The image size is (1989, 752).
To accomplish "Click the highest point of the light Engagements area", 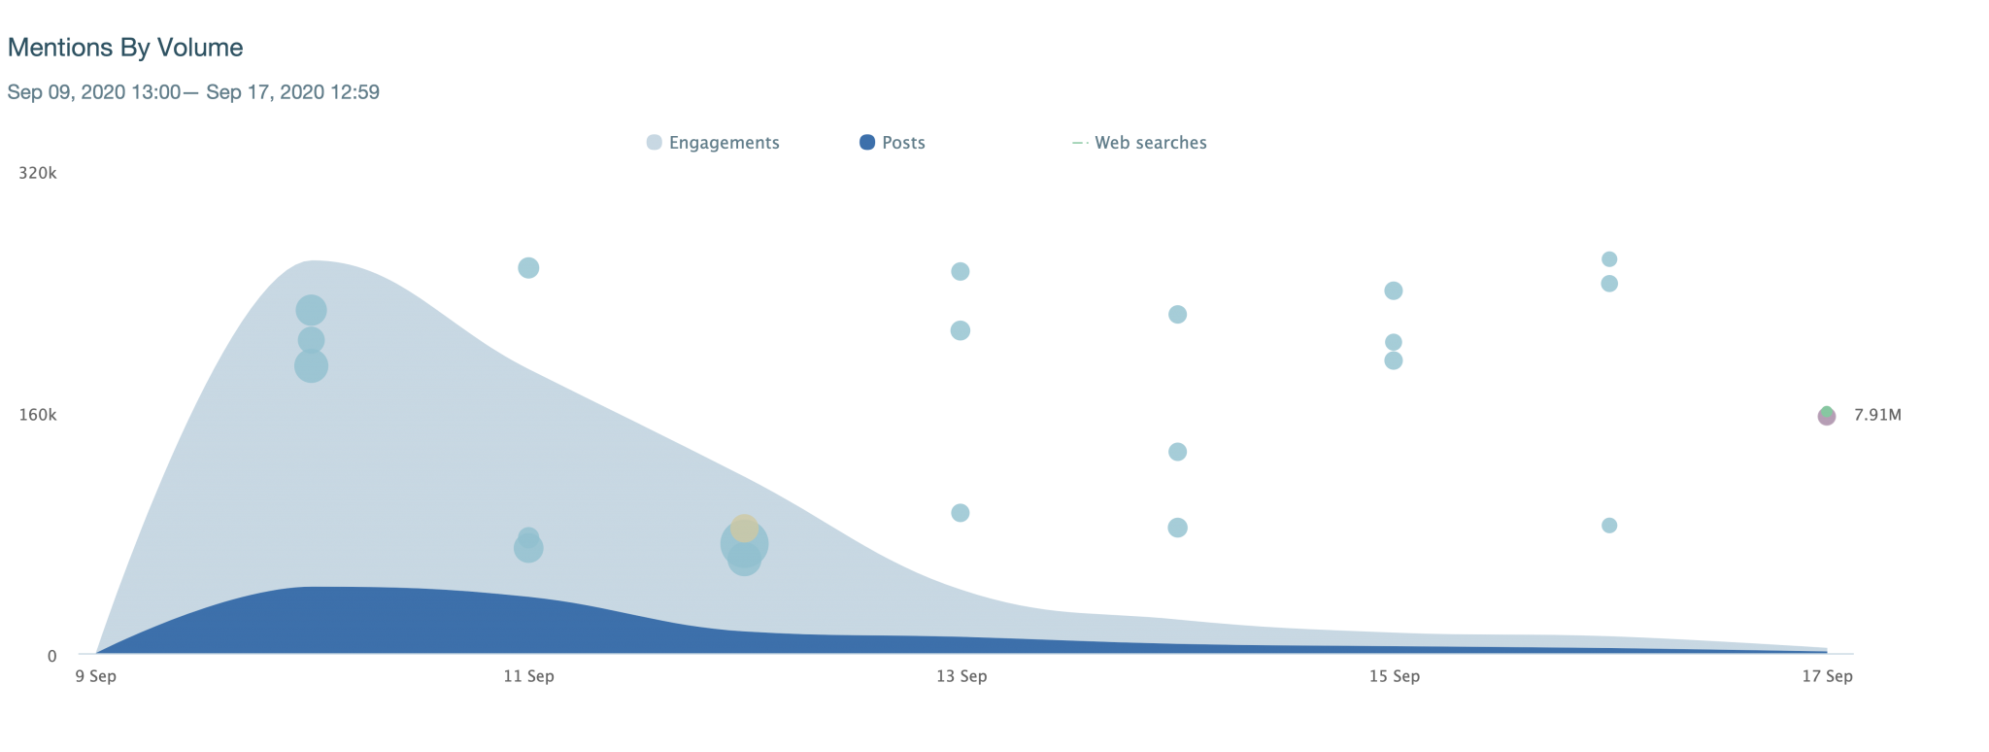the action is [313, 260].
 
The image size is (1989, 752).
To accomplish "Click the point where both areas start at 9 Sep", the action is [97, 654].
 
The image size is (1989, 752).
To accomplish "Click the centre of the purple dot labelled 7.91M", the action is [1827, 417].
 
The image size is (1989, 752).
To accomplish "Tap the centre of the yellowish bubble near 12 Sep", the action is [745, 529].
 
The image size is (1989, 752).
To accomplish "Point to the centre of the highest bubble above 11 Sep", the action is [528, 268].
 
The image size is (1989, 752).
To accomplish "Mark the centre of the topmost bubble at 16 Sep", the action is [1609, 259].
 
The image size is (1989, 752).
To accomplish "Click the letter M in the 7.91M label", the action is [1894, 415].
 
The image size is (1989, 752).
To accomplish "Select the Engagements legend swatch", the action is [655, 143].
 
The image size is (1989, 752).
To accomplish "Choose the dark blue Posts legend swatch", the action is [867, 143].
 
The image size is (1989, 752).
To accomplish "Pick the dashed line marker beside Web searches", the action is [1079, 143].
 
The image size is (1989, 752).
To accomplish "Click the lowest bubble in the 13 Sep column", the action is [961, 513].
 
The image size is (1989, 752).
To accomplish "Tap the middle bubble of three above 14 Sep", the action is [1177, 452].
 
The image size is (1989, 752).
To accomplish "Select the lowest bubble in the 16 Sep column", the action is [1609, 526].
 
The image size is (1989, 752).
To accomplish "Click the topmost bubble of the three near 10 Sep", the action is [311, 311].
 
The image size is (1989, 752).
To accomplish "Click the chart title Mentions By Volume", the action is [125, 48].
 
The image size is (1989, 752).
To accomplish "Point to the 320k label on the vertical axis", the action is [38, 173].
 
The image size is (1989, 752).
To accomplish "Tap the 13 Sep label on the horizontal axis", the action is [961, 676].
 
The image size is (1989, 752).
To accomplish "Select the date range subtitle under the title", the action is [193, 92].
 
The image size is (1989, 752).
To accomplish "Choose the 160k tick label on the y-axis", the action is [38, 415].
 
